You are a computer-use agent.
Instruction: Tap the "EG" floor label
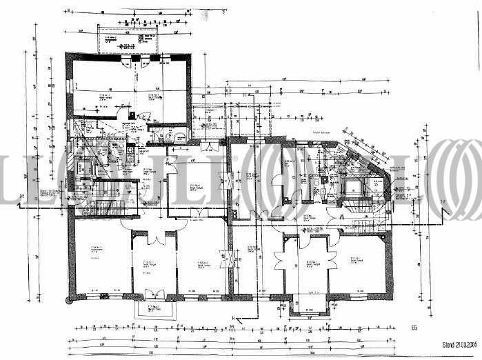413,328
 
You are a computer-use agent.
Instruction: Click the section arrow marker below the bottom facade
236,318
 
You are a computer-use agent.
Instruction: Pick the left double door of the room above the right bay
283,261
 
